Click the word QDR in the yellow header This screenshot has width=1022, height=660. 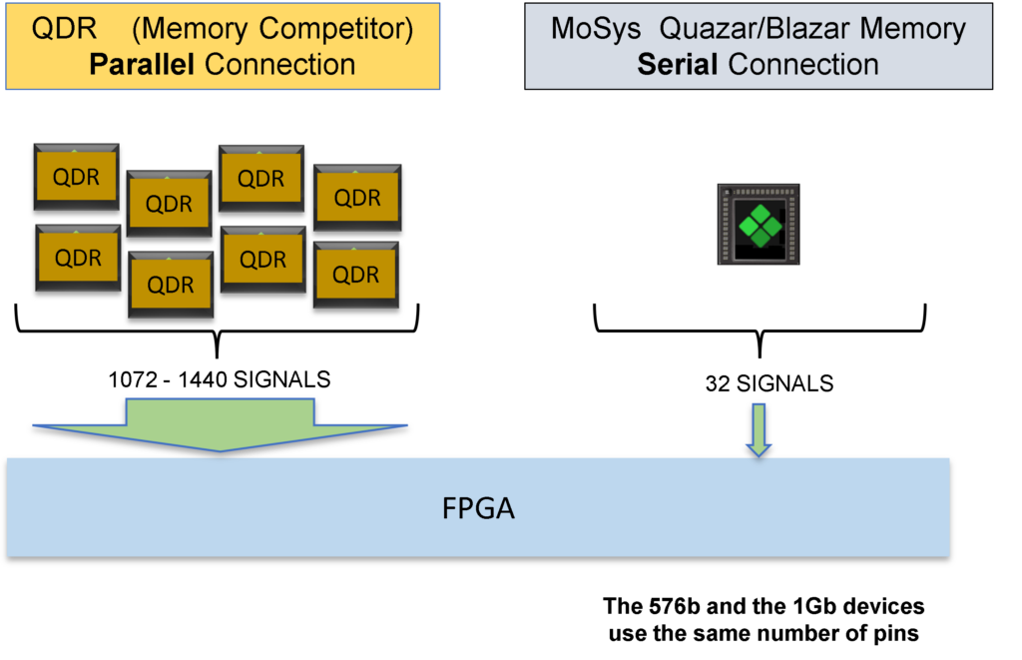pos(64,29)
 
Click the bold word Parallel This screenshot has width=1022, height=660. pos(143,65)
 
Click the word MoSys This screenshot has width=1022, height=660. pos(596,29)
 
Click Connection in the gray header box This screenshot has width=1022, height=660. pos(803,65)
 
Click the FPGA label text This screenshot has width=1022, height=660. pos(478,508)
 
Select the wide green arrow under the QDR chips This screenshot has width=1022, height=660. pos(221,424)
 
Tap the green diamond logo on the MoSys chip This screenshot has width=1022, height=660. pos(761,225)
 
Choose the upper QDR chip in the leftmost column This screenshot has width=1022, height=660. pos(77,177)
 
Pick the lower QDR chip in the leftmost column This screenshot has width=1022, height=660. pos(78,258)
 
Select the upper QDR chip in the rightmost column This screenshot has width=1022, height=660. pos(357,198)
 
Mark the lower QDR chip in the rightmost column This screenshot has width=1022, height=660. pos(356,275)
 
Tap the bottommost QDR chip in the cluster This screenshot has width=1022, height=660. pos(171,285)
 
